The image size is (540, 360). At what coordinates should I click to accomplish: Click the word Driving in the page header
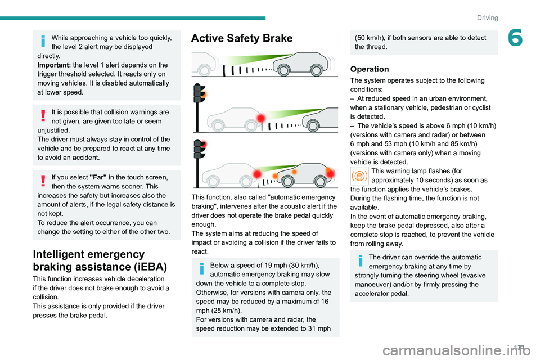487,18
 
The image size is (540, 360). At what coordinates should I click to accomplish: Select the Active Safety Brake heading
242,38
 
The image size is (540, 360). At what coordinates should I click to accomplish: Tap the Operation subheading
369,69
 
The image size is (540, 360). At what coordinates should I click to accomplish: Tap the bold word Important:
54,65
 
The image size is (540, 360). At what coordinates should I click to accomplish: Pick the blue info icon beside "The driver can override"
360,262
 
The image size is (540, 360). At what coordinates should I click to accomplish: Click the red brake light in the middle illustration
260,117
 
